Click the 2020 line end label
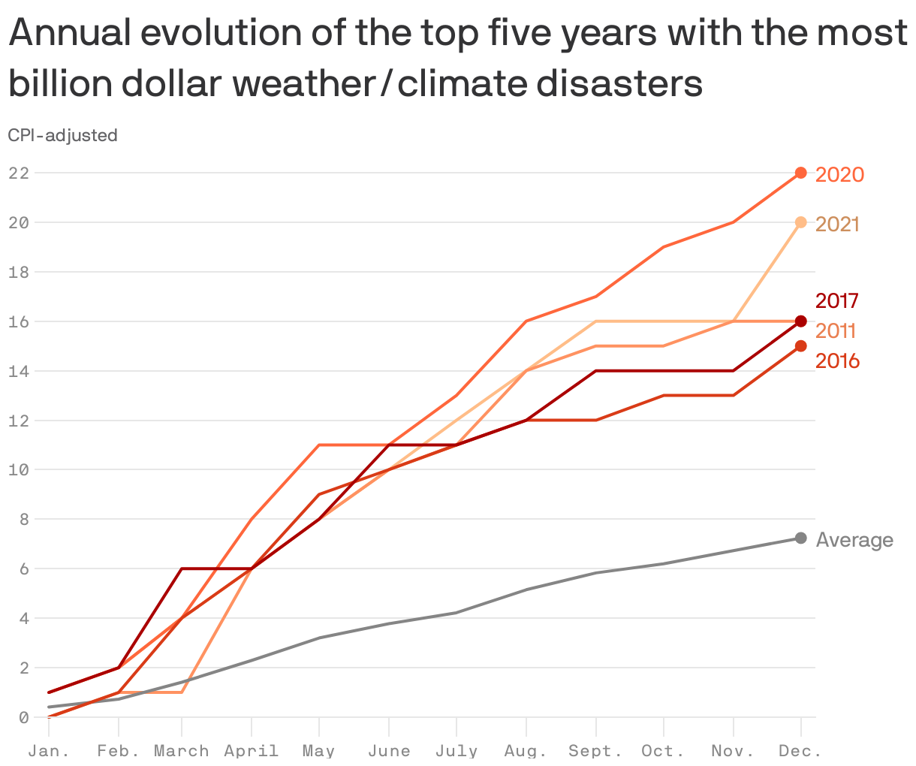[x=839, y=174]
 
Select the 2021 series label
[x=837, y=224]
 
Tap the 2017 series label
[x=837, y=300]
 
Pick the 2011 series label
[x=836, y=330]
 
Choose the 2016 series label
[x=837, y=361]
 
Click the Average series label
[x=854, y=540]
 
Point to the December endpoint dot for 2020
[x=800, y=173]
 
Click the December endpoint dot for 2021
[x=800, y=222]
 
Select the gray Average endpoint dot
[x=800, y=538]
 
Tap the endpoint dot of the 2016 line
[x=800, y=346]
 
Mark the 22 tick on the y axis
[x=19, y=173]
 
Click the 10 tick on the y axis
[x=19, y=470]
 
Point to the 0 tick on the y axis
[x=23, y=717]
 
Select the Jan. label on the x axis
[x=49, y=751]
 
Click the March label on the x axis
[x=182, y=751]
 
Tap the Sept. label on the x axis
[x=595, y=751]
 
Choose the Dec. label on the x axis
[x=800, y=751]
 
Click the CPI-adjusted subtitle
[x=62, y=135]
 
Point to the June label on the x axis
[x=389, y=751]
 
